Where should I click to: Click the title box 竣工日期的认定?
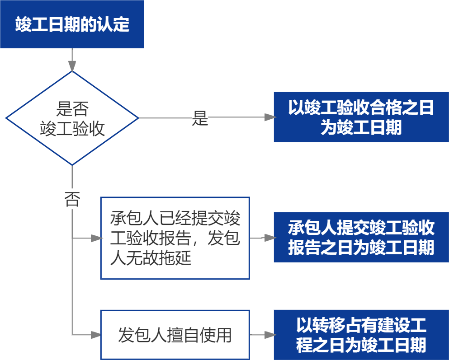(72, 24)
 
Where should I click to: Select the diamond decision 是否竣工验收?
(72, 118)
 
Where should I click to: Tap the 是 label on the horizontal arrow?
(200, 118)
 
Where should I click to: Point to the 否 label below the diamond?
(72, 199)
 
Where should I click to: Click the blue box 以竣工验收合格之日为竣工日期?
(361, 117)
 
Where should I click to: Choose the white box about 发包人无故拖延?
(175, 238)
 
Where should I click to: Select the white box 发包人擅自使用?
(175, 335)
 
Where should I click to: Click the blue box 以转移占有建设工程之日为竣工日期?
(361, 335)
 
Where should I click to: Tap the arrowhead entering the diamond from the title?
(72, 67)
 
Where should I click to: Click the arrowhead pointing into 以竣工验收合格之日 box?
(270, 117)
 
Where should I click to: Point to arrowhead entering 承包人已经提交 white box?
(96, 238)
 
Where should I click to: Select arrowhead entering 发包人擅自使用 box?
(96, 335)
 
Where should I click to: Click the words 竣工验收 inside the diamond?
(72, 129)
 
